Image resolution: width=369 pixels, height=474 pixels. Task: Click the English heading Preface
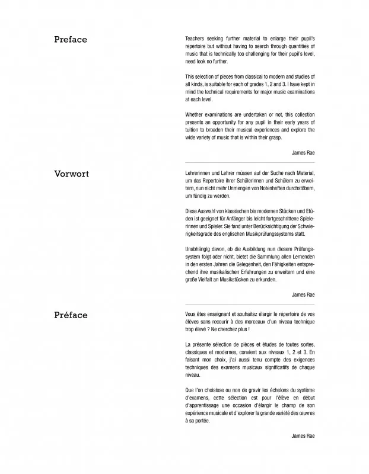pos(70,40)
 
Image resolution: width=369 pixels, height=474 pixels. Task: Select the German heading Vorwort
pos(71,174)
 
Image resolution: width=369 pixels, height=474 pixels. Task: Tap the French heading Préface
pos(70,315)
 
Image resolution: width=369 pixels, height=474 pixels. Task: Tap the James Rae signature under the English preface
pos(303,152)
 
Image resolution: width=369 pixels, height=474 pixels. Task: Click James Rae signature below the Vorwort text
pos(303,294)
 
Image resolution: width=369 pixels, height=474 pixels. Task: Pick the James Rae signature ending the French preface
pos(303,435)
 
